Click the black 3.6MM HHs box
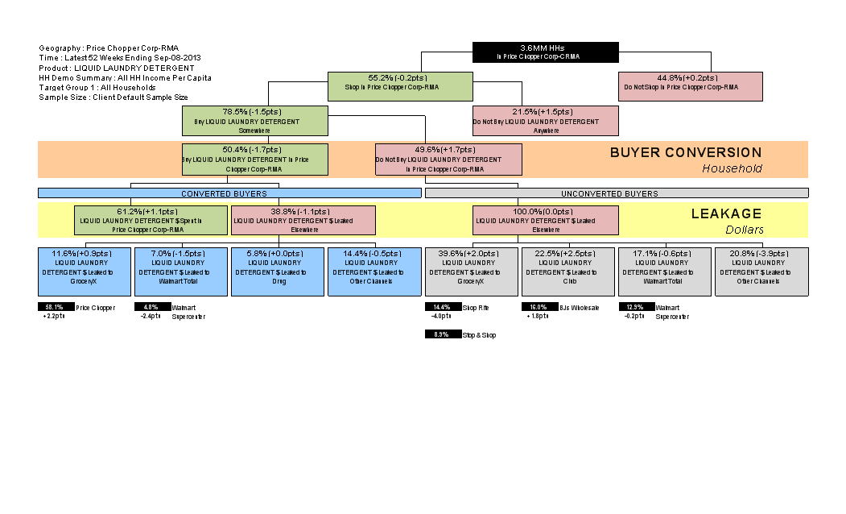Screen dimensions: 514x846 pos(546,52)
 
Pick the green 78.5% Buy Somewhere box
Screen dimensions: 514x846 pos(255,120)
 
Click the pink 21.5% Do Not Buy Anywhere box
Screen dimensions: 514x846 pos(546,120)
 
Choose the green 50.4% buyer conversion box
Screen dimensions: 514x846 pos(255,159)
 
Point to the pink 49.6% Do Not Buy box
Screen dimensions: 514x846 pos(448,159)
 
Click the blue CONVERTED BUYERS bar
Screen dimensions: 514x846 pos(229,193)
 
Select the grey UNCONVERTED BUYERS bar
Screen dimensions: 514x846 pos(617,193)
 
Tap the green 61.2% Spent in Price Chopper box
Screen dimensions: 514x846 pos(151,220)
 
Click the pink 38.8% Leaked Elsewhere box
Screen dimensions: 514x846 pos(303,220)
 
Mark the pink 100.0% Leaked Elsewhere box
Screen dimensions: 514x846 pos(546,220)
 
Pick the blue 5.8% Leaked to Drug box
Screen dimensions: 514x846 pos(278,272)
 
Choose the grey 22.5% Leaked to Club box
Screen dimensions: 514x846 pos(568,272)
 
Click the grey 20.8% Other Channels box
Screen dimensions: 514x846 pos(761,272)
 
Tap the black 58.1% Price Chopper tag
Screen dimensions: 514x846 pos(56,307)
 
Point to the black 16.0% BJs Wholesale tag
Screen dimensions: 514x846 pos(539,307)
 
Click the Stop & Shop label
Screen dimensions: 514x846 pos(480,334)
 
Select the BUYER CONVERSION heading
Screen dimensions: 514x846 pos(685,152)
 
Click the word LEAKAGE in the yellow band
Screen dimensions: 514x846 pos(726,213)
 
